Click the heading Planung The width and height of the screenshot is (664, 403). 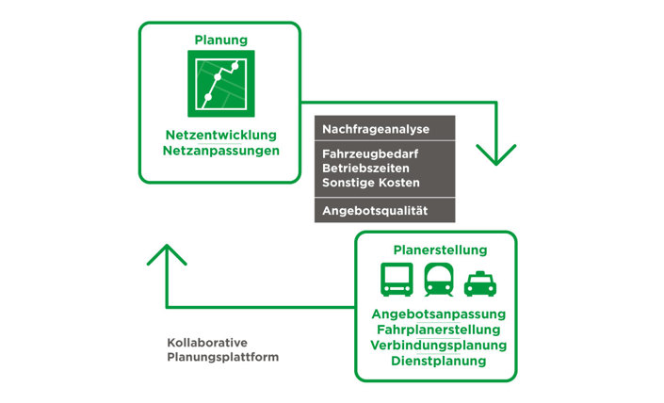point(220,40)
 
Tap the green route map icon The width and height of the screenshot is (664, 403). point(220,85)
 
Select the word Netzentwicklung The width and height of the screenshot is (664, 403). point(220,135)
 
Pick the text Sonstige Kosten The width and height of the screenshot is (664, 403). point(371,182)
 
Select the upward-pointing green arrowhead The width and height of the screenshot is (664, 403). point(168,254)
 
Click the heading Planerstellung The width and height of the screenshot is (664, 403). point(440,250)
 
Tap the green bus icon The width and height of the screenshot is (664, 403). point(396,280)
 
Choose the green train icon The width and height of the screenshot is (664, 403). point(439,280)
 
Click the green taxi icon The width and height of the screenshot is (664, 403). point(480,282)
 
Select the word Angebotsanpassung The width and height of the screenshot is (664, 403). point(439,314)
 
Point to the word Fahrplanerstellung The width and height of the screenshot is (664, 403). point(439,330)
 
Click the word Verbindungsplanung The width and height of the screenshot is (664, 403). point(439,345)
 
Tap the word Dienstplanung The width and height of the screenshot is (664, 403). point(439,361)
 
